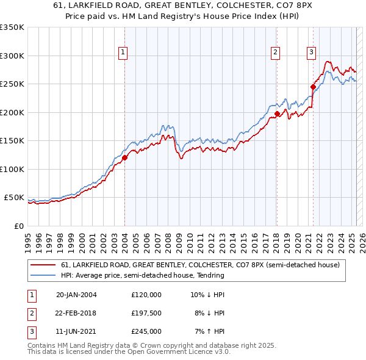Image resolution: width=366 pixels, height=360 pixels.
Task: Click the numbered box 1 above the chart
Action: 123,53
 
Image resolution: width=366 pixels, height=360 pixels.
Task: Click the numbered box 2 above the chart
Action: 276,53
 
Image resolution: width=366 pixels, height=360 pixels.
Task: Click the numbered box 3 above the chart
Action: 311,53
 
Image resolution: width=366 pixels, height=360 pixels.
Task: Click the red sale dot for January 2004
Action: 124,157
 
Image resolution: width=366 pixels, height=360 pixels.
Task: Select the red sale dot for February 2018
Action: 277,113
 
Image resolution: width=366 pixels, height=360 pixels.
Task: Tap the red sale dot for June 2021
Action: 313,87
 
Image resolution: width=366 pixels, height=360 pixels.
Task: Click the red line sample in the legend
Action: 43,265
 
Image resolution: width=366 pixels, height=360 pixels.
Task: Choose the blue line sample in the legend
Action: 43,275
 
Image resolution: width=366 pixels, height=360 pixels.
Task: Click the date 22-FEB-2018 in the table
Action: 76,313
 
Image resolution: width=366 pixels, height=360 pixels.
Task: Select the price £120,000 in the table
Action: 146,295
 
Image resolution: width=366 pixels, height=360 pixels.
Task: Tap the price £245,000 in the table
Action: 146,331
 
